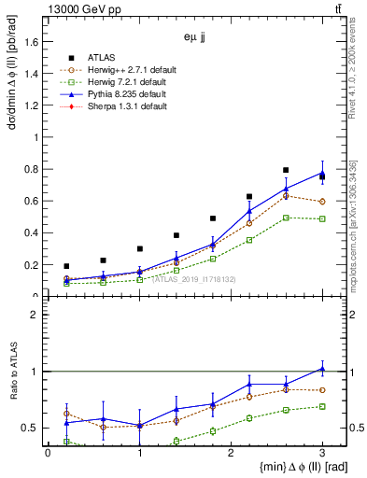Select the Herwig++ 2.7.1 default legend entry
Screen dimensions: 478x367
(x=128, y=69)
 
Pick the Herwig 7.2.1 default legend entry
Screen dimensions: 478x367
(x=126, y=82)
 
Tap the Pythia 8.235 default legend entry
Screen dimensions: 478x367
(x=126, y=94)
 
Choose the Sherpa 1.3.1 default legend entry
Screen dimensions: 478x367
(x=126, y=107)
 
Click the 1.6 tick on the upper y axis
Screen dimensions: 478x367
(x=33, y=41)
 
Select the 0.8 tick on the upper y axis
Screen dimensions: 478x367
(x=33, y=169)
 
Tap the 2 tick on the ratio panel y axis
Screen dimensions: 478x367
(x=36, y=315)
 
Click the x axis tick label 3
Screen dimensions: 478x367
(x=322, y=454)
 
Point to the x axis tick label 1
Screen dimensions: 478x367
(x=139, y=454)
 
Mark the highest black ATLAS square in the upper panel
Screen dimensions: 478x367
(x=286, y=170)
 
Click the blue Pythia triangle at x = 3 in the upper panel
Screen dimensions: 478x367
(x=322, y=173)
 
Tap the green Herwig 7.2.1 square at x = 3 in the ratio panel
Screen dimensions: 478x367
(x=322, y=406)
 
